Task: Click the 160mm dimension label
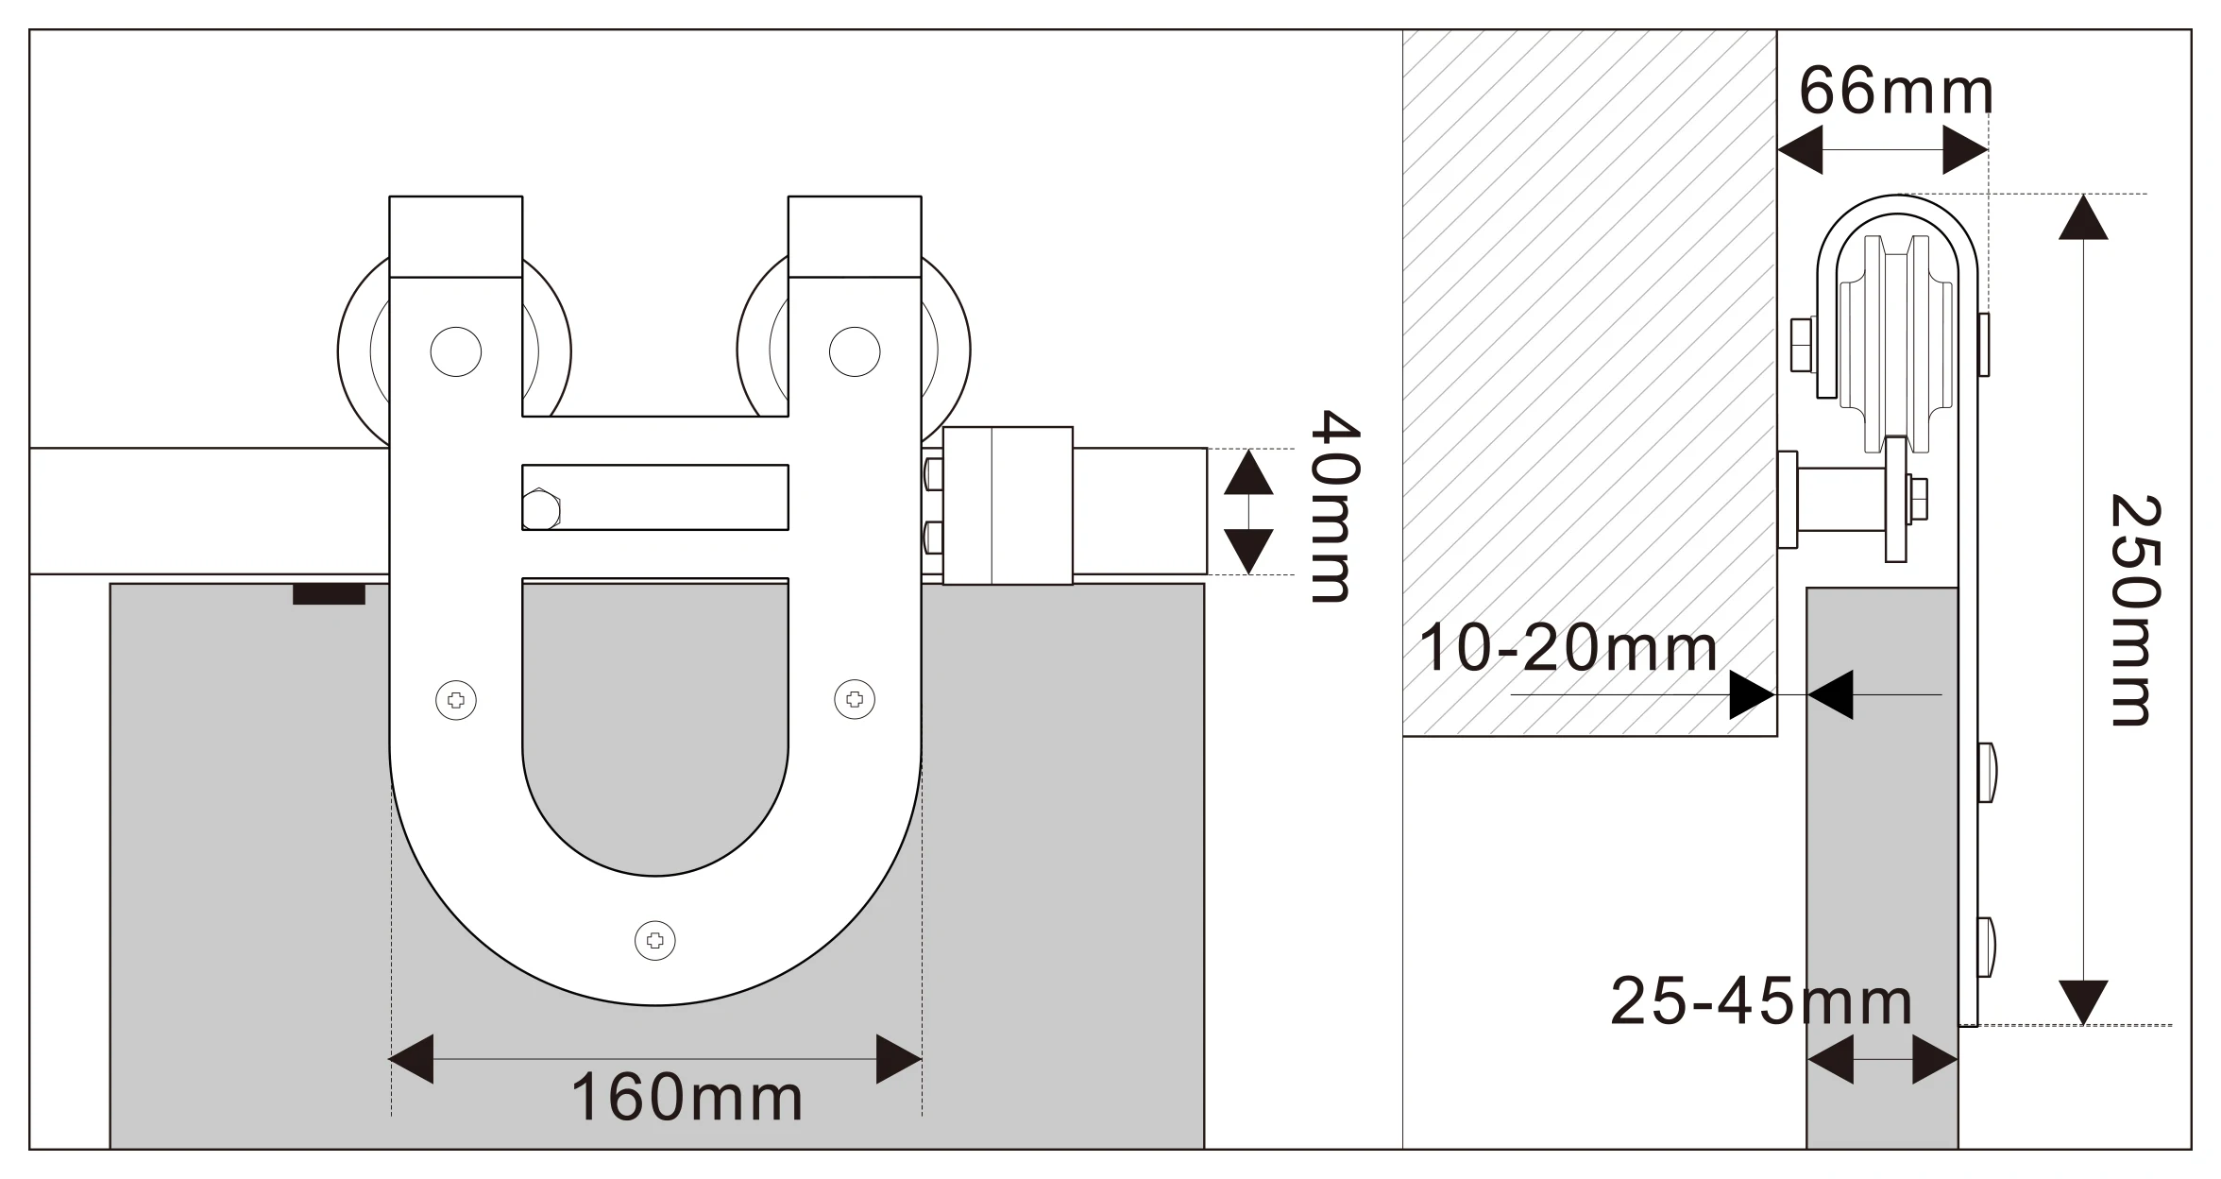[687, 1098]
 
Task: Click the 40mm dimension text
[1333, 506]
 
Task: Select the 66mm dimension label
[1895, 92]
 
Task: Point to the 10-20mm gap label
[1568, 649]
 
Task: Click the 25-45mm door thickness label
[1761, 1001]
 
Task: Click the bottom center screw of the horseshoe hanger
[655, 940]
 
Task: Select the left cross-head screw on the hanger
[456, 700]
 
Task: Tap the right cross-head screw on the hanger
[855, 699]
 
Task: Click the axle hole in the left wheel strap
[456, 351]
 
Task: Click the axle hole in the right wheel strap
[855, 351]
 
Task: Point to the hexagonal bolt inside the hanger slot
[541, 510]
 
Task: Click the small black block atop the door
[329, 594]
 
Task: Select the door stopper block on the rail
[1008, 505]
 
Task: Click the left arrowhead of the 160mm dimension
[412, 1059]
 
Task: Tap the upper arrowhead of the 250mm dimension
[2083, 219]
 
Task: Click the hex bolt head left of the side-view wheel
[1802, 345]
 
